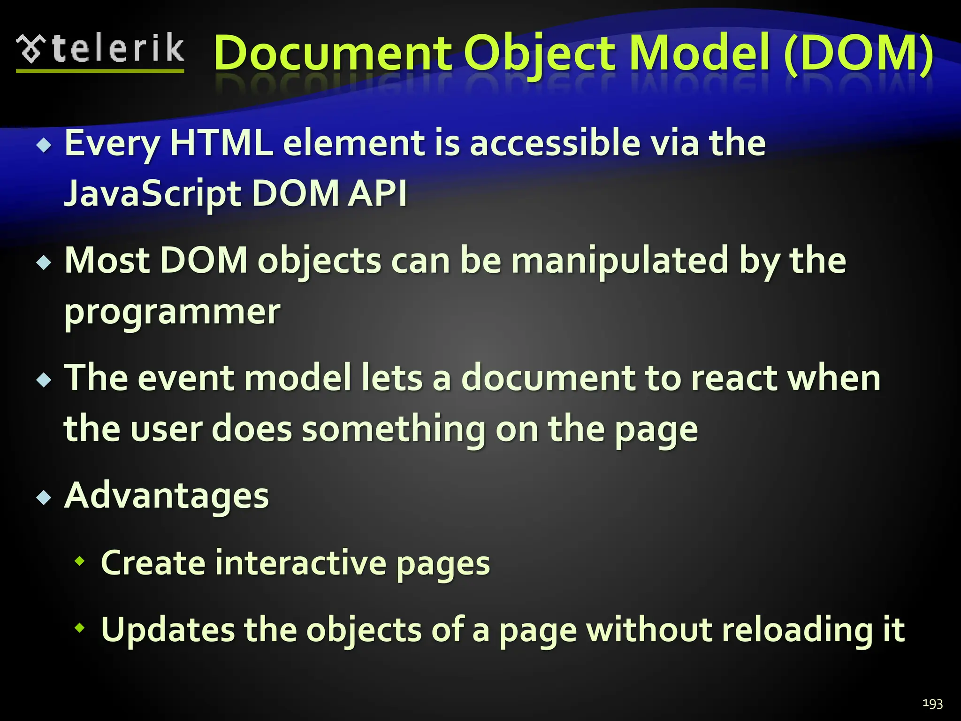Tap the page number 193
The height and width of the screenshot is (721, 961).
click(932, 703)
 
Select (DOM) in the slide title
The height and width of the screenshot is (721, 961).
click(858, 54)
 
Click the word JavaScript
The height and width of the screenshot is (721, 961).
click(153, 193)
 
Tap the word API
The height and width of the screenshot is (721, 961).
click(377, 193)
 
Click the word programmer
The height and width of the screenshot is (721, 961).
click(172, 312)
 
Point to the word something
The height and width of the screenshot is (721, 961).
click(393, 429)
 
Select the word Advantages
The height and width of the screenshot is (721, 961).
click(167, 496)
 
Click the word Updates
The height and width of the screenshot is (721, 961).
click(168, 630)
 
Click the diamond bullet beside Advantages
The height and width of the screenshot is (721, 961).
click(44, 497)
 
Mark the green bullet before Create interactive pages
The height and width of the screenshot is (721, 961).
click(80, 560)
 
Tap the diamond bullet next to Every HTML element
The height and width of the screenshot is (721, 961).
click(44, 145)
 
